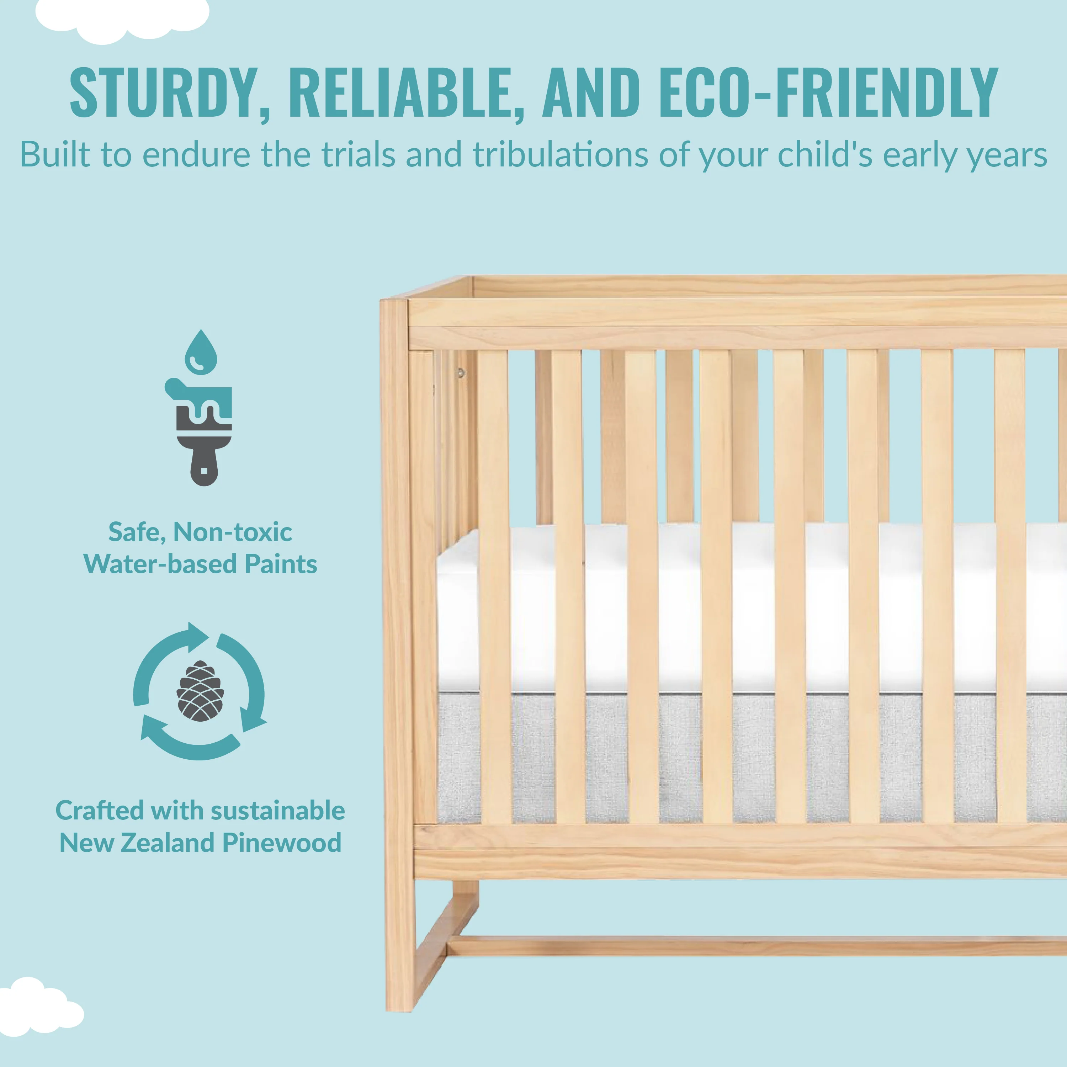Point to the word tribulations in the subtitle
pyautogui.click(x=560, y=155)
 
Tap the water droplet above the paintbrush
pyautogui.click(x=201, y=352)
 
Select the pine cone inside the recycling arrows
pyautogui.click(x=200, y=691)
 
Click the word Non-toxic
pyautogui.click(x=233, y=532)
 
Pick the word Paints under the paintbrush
pyautogui.click(x=281, y=564)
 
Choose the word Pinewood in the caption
pyautogui.click(x=282, y=843)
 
